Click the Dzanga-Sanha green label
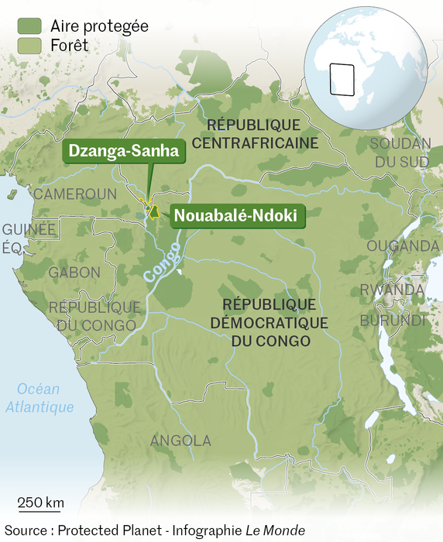click(x=124, y=152)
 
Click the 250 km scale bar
click(x=40, y=510)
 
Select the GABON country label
click(x=74, y=273)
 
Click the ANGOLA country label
click(x=180, y=441)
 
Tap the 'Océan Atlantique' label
click(x=40, y=398)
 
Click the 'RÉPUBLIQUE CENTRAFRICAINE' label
click(x=255, y=134)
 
